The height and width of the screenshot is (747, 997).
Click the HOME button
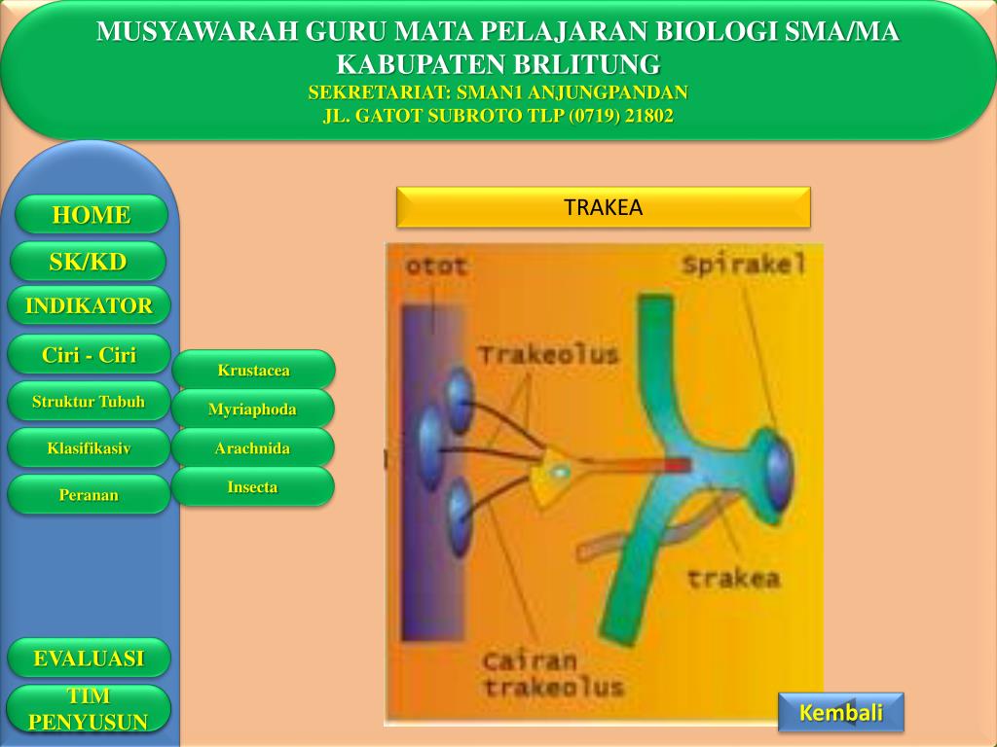(x=92, y=215)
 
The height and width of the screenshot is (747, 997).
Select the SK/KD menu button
(x=88, y=262)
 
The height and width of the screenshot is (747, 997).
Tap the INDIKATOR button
(x=89, y=306)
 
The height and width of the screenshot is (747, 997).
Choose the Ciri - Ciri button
(x=89, y=355)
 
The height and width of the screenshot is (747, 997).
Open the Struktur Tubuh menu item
(x=89, y=402)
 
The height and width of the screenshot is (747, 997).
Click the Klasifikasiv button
(x=89, y=448)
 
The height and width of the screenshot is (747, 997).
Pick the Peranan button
(x=89, y=495)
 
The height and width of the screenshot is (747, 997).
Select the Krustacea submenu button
(x=253, y=371)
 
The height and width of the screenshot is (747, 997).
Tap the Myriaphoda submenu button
(x=252, y=409)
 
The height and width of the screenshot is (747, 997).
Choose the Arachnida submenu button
(x=252, y=448)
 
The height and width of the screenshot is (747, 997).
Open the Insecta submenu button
(x=252, y=487)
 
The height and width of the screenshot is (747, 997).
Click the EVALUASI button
(x=89, y=658)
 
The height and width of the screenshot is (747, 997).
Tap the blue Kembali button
(x=841, y=713)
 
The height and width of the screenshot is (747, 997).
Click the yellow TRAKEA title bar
(x=604, y=207)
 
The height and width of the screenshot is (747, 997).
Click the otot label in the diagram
(x=435, y=266)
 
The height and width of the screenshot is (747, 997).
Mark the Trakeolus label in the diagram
(x=548, y=355)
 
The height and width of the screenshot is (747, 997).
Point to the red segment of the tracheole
(x=677, y=465)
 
